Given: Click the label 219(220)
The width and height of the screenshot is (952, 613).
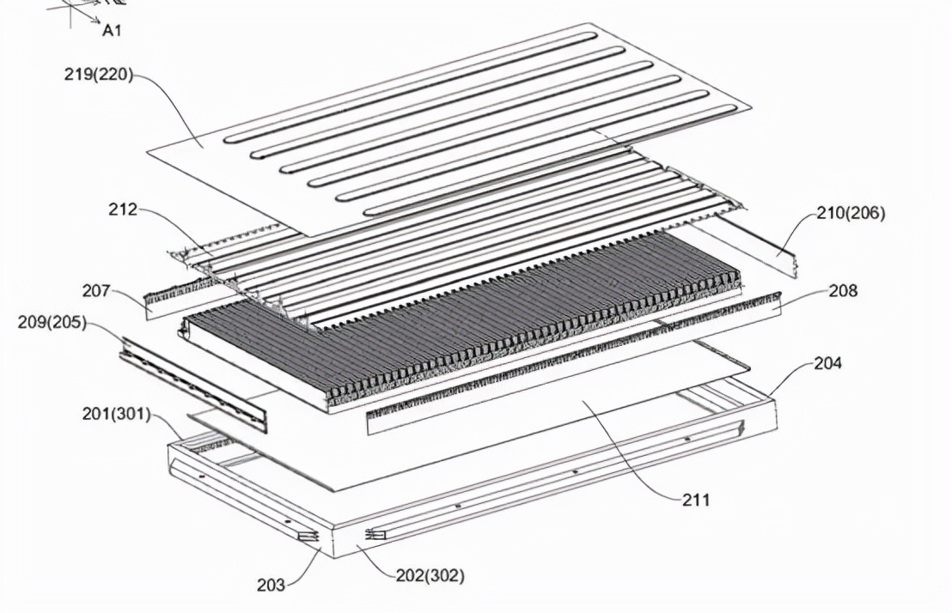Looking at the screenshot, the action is (x=98, y=76).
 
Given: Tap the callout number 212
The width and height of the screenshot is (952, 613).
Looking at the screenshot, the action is (x=123, y=209).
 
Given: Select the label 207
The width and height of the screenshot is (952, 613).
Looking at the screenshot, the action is (x=96, y=291).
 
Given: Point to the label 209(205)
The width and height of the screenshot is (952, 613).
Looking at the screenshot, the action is (x=52, y=322).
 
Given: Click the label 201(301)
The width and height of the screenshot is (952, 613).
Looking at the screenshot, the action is (x=116, y=415).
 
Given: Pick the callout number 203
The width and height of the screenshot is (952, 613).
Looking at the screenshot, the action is (x=270, y=585).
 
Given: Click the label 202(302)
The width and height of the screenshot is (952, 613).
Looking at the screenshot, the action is (x=430, y=574).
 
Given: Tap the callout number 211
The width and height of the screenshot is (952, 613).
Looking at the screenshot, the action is (x=696, y=500).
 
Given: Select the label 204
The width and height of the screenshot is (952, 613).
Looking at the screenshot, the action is (x=828, y=363).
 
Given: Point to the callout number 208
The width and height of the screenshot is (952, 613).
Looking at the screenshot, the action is (x=844, y=291).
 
